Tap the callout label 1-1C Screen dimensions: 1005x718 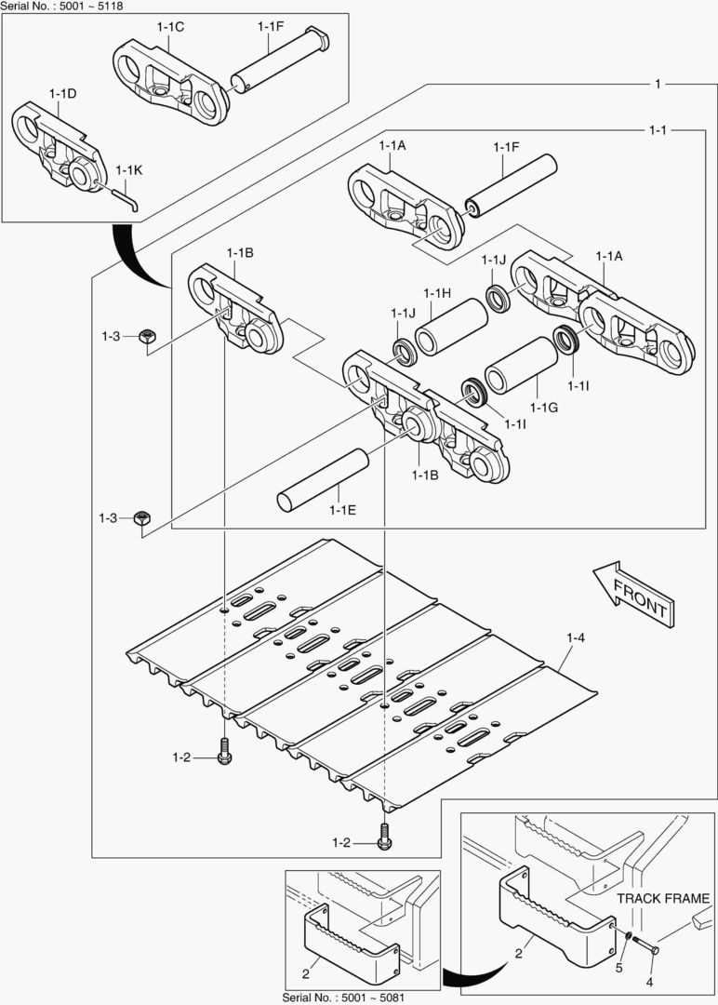tap(170, 27)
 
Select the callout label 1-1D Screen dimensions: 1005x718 tap(62, 94)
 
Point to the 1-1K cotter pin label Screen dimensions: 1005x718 tap(129, 171)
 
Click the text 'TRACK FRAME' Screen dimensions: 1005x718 tap(663, 899)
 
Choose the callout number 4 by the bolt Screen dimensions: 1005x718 tap(650, 982)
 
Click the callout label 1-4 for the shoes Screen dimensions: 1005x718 tap(576, 638)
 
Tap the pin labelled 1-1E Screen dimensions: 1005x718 tap(322, 479)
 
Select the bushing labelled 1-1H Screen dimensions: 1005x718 tap(451, 327)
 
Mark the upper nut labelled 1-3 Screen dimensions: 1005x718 tap(146, 336)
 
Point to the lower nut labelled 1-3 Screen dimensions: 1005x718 tap(142, 518)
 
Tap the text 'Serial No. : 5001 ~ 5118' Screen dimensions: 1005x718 tap(61, 6)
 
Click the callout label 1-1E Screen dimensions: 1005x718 tap(343, 509)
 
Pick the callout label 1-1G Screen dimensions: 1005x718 tap(544, 408)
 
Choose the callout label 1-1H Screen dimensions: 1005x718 tap(437, 293)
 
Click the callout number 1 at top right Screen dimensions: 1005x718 tap(658, 84)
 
